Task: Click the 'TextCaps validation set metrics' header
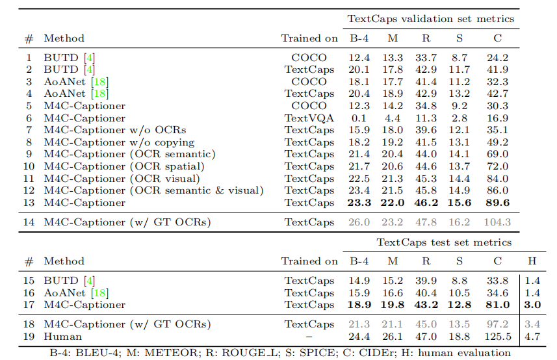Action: [x=431, y=19]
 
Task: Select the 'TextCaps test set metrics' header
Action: [x=444, y=242]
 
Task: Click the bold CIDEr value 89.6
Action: [x=497, y=203]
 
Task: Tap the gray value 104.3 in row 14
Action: [x=497, y=222]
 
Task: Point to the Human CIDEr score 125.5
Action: [x=497, y=337]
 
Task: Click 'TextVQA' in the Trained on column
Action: [x=309, y=118]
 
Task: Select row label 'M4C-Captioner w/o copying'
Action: [x=119, y=142]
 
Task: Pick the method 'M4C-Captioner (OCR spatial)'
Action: [x=124, y=166]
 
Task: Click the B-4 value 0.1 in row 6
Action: [x=359, y=118]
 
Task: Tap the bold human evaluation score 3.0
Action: [x=532, y=305]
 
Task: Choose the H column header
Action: [x=532, y=261]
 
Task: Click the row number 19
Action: [x=29, y=337]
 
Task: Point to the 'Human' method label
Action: [x=63, y=337]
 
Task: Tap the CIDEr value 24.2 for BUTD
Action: [x=497, y=57]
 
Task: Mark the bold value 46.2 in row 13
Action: [x=426, y=203]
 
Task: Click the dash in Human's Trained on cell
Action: [x=309, y=337]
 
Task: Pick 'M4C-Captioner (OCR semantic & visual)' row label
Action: [x=153, y=190]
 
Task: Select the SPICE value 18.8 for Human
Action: [x=460, y=337]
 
